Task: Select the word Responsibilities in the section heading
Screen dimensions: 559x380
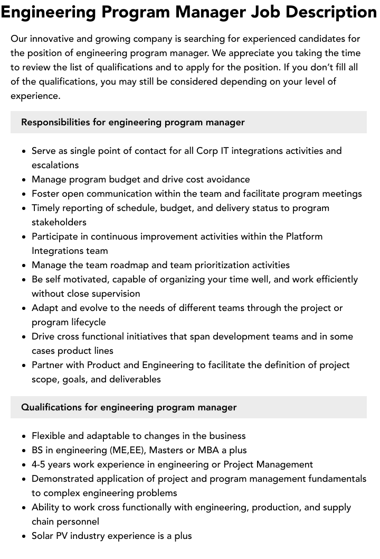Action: click(x=55, y=122)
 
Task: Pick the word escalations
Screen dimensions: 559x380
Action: click(x=55, y=165)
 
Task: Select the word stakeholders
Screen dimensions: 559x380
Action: click(x=59, y=222)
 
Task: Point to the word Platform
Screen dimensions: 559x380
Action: click(x=304, y=236)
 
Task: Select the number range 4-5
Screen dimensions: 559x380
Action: click(x=40, y=464)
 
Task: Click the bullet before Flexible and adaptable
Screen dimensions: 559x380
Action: click(x=24, y=436)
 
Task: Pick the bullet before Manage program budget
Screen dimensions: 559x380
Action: click(x=24, y=180)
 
